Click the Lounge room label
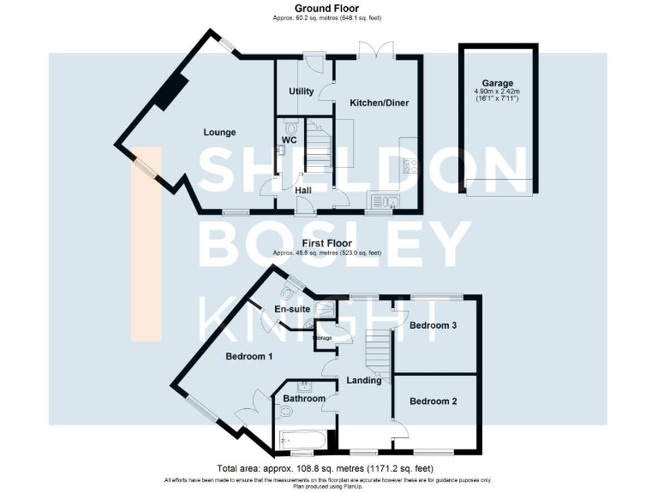pos(219,132)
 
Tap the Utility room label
pos(302,92)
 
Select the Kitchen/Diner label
pos(379,103)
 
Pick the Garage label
pos(500,84)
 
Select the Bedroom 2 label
pos(434,401)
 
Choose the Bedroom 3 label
pos(433,325)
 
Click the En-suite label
pos(291,309)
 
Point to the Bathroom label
pos(304,398)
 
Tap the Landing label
pos(364,380)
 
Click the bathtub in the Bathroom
pos(302,441)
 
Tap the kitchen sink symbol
pos(383,202)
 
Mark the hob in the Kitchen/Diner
pos(409,167)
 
